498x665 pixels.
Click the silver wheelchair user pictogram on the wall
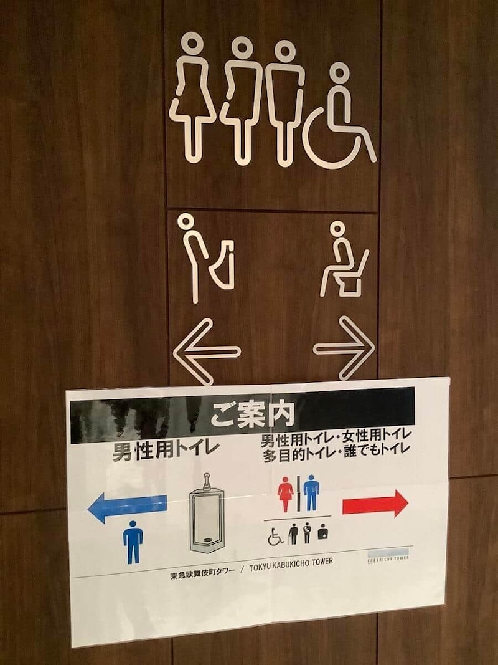(339, 122)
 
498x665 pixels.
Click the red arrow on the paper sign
(375, 503)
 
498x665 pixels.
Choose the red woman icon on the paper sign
(286, 493)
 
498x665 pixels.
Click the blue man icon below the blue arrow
(133, 542)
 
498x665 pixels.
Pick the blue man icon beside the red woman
(311, 492)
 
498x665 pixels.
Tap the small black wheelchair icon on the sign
(276, 535)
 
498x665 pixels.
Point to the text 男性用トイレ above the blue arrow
(166, 449)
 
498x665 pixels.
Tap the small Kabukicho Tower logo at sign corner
(388, 555)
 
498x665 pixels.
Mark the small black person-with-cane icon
(307, 533)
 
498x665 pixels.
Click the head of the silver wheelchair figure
(339, 73)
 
